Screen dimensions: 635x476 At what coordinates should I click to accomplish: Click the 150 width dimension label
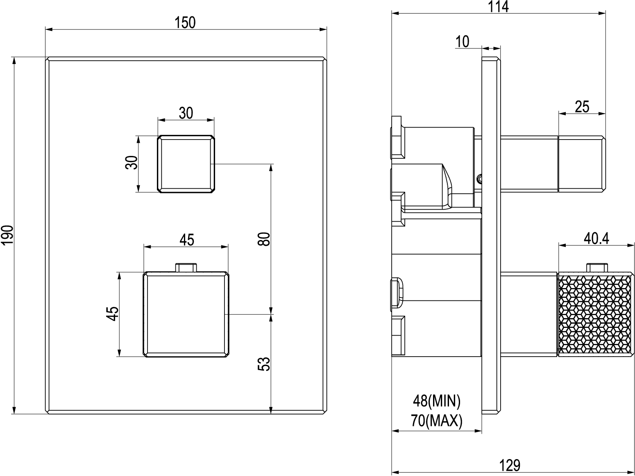(185, 22)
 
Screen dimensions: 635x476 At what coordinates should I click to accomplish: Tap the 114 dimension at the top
(498, 7)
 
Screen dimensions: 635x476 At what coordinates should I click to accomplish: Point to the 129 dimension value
(510, 466)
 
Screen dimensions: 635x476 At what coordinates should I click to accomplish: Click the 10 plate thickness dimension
(462, 41)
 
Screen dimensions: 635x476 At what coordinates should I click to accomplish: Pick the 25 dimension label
(582, 107)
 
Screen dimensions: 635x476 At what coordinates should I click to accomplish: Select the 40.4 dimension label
(596, 238)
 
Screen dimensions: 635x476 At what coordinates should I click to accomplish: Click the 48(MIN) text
(437, 401)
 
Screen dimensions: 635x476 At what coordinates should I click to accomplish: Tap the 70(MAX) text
(437, 421)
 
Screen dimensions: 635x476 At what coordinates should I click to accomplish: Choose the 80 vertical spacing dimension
(263, 239)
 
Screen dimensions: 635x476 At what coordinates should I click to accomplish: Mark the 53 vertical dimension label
(263, 364)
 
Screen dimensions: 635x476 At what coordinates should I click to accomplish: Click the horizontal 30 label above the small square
(186, 113)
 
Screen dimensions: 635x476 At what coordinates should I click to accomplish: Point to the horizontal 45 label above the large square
(186, 240)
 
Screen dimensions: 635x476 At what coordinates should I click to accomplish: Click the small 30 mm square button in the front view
(186, 164)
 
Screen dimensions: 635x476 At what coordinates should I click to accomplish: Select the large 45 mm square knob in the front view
(186, 314)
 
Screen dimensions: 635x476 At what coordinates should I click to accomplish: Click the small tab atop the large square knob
(186, 268)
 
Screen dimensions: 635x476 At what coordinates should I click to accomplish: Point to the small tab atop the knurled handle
(597, 268)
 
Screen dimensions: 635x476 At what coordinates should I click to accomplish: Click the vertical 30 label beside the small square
(132, 162)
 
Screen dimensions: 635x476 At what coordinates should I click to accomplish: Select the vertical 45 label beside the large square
(112, 314)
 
